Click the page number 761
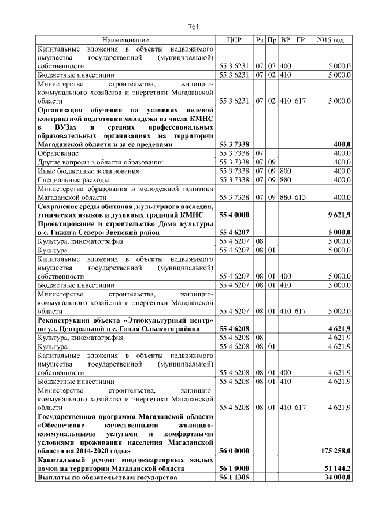(194, 27)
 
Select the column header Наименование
(125, 40)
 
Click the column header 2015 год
(331, 40)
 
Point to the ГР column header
(300, 40)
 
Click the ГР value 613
(299, 197)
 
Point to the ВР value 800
(286, 171)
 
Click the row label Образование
(58, 153)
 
